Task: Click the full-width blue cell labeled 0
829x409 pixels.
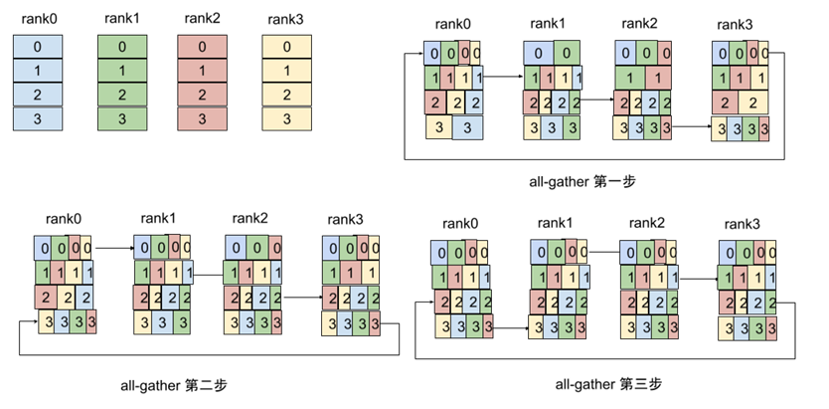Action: (x=38, y=47)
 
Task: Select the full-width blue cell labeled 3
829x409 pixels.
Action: (x=38, y=118)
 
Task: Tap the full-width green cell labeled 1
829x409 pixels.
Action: (x=121, y=71)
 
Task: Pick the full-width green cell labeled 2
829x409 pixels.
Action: (x=121, y=95)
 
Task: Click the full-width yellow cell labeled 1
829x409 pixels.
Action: (x=286, y=71)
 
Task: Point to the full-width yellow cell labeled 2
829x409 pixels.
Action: (x=286, y=95)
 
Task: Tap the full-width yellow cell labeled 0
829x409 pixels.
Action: (x=286, y=47)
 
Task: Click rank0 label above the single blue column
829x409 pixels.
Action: (x=38, y=18)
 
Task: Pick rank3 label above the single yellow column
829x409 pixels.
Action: (x=286, y=18)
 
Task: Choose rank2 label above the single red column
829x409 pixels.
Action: (x=204, y=18)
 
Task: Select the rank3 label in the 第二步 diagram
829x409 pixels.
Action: (x=350, y=219)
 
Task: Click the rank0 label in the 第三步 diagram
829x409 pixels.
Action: (x=460, y=223)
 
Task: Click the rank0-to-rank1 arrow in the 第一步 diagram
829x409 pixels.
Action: (x=503, y=76)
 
